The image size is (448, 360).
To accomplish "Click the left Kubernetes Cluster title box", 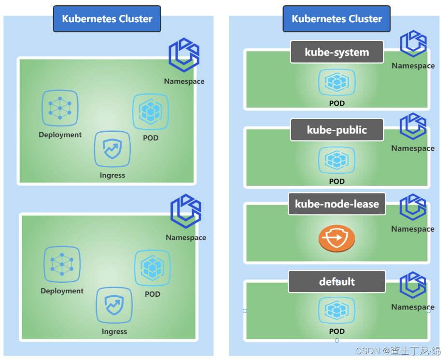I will [107, 19].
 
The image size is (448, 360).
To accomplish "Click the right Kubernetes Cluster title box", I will [336, 19].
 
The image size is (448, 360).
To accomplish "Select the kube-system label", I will [336, 52].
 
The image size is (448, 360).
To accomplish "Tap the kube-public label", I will [336, 130].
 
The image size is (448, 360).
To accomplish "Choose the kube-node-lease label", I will [336, 204].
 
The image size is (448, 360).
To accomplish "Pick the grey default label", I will [336, 281].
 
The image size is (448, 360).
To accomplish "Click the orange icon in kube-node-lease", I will [336, 238].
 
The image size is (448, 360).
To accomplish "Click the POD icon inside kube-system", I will [336, 83].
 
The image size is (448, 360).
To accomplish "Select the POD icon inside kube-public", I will [336, 160].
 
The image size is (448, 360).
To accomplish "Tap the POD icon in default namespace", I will [336, 310].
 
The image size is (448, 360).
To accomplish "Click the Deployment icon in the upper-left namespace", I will [60, 109].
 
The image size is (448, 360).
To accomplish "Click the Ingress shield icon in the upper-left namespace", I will [112, 149].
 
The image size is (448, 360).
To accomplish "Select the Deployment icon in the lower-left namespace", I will [62, 264].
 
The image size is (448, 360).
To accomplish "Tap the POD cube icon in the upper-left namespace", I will [151, 112].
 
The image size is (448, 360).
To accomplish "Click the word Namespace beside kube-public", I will [413, 148].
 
